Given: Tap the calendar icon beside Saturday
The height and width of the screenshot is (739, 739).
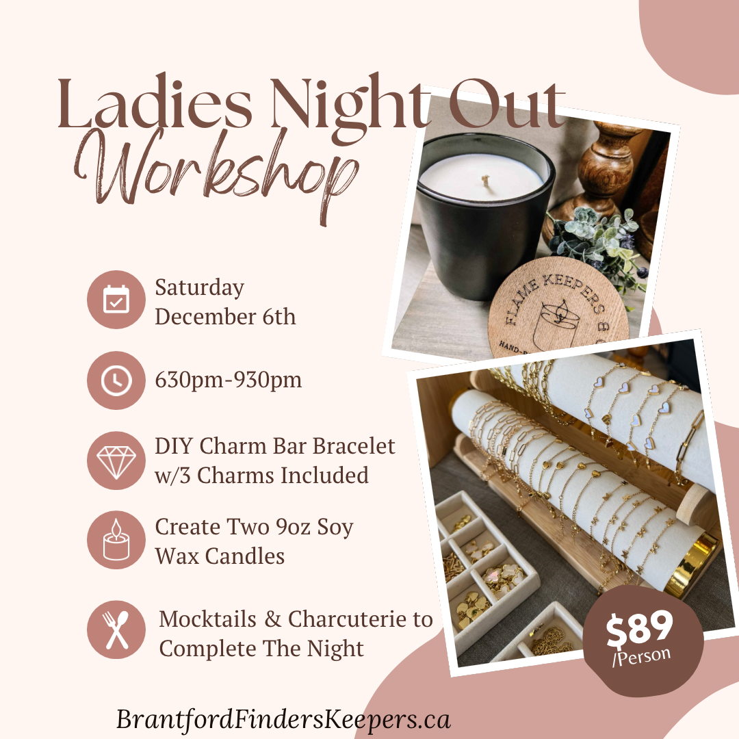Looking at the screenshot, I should tap(116, 300).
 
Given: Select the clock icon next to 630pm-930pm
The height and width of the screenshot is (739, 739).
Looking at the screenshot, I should tap(116, 380).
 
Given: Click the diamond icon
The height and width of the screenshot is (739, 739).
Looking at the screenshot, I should tap(116, 461).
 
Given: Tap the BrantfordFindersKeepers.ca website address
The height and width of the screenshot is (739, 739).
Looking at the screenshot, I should tap(283, 719).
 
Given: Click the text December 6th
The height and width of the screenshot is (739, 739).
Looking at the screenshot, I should tap(225, 317).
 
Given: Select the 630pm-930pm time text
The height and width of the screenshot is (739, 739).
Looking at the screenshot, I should tap(229, 380).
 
